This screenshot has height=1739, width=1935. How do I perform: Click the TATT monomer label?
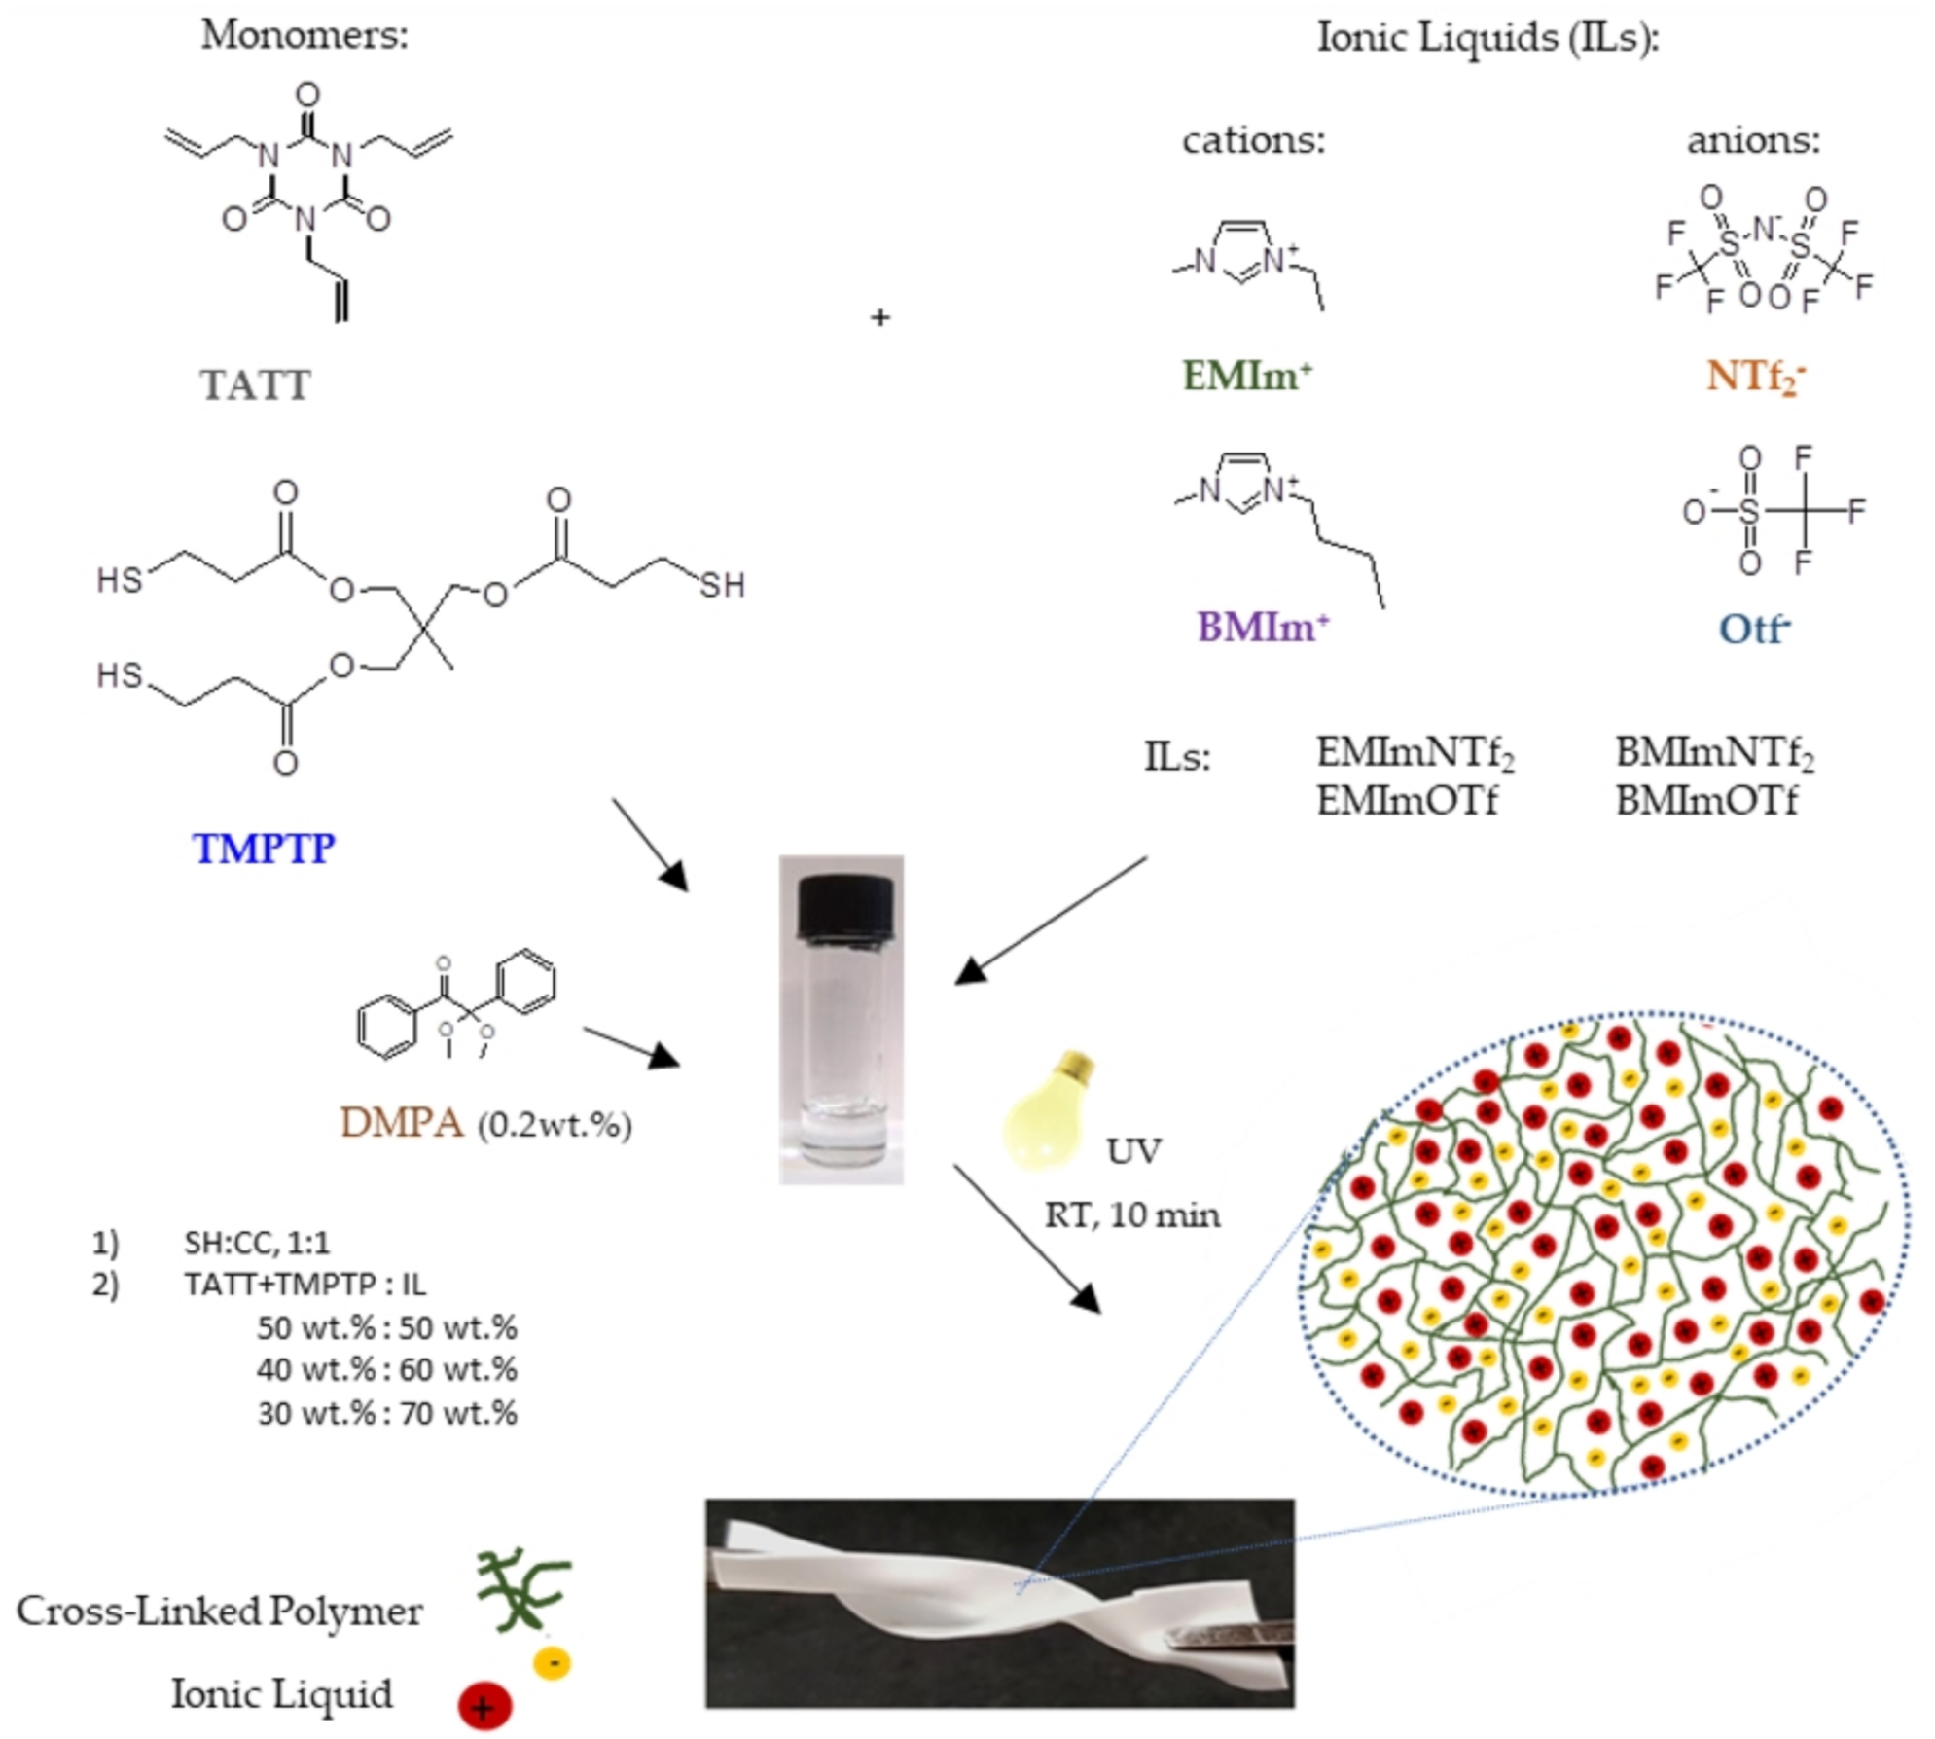pyautogui.click(x=255, y=385)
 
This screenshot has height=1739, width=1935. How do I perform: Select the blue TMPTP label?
pyautogui.click(x=264, y=849)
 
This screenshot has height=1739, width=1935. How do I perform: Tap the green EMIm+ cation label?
pyautogui.click(x=1248, y=376)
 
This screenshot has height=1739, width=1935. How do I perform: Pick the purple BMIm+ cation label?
pyautogui.click(x=1263, y=627)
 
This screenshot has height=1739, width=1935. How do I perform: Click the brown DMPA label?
pyautogui.click(x=402, y=1123)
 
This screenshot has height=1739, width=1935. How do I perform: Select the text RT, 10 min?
pyautogui.click(x=1132, y=1215)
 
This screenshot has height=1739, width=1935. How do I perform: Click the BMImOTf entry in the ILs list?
pyautogui.click(x=1706, y=801)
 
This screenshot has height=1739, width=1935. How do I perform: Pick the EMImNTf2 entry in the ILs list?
pyautogui.click(x=1415, y=752)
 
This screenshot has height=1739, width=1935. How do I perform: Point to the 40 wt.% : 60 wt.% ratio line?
pyautogui.click(x=386, y=1369)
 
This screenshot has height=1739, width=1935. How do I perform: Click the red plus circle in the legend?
pyautogui.click(x=484, y=1706)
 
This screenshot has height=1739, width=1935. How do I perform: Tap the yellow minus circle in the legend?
pyautogui.click(x=553, y=1663)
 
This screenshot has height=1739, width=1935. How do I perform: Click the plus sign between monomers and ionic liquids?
pyautogui.click(x=880, y=317)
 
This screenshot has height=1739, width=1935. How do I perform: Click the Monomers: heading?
pyautogui.click(x=305, y=35)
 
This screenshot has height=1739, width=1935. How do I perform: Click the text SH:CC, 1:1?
pyautogui.click(x=257, y=1243)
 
